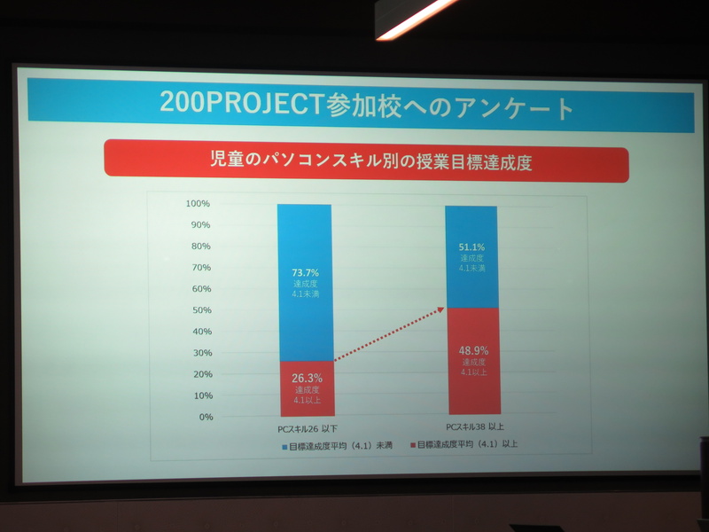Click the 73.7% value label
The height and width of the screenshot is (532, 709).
coord(305,271)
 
